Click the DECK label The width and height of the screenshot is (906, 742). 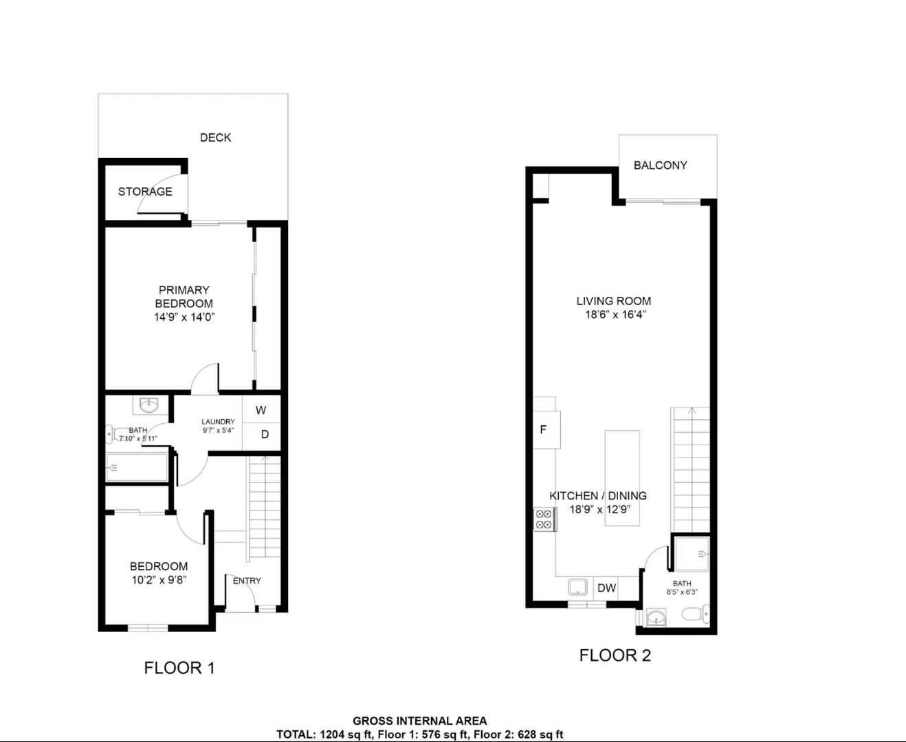[x=215, y=137]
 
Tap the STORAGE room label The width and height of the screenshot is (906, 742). [x=145, y=192]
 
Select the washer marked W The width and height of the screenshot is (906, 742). [x=261, y=410]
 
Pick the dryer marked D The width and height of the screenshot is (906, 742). [x=265, y=434]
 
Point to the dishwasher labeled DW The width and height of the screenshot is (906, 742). [x=607, y=588]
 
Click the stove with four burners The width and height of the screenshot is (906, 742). [x=544, y=519]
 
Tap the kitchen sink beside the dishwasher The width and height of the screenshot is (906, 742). [x=578, y=587]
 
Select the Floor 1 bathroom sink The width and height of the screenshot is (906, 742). [x=149, y=405]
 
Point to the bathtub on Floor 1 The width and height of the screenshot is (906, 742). [x=137, y=467]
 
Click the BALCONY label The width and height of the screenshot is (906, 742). [x=660, y=166]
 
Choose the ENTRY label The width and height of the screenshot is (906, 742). [x=247, y=581]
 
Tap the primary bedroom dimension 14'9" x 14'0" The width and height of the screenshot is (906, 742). [x=185, y=317]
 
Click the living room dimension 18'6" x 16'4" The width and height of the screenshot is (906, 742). [x=615, y=315]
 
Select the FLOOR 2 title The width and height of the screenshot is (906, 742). [x=615, y=655]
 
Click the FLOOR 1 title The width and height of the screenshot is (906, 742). [x=179, y=668]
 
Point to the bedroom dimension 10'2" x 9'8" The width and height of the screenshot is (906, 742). [x=159, y=580]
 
